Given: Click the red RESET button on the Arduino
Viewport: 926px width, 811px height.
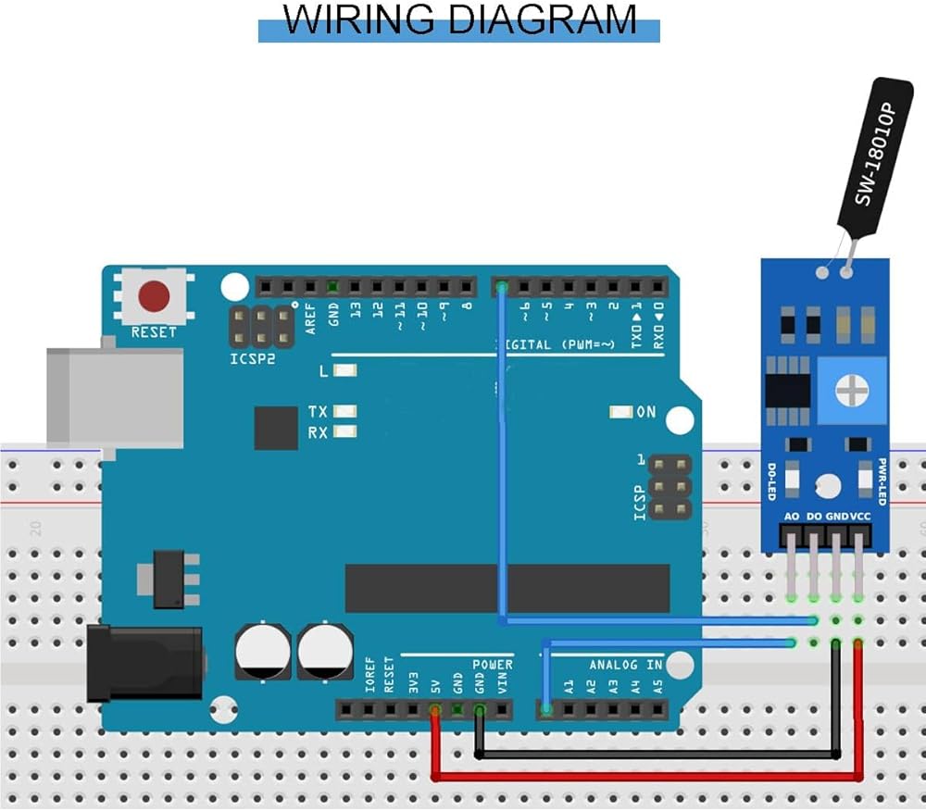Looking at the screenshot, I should [x=154, y=296].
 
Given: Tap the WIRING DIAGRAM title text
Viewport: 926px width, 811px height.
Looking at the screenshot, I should [x=459, y=20].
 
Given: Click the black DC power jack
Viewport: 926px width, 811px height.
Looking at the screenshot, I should [x=144, y=661].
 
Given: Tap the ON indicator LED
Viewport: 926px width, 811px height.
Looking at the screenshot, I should [x=620, y=412].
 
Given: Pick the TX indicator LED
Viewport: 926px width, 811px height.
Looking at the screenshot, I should [x=346, y=411].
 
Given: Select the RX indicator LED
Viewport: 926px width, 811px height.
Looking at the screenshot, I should [x=346, y=431].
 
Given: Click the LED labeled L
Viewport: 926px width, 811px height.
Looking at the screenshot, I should [x=346, y=371].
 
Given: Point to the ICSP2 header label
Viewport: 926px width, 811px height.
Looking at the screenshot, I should [x=253, y=358].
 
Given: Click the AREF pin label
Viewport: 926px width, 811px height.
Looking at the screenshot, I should [x=311, y=318].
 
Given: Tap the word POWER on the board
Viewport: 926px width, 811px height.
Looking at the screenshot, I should [x=493, y=665].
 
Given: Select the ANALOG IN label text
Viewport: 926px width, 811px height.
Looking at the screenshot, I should [x=627, y=665].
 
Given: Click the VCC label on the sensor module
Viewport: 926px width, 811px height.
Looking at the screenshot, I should [x=861, y=516].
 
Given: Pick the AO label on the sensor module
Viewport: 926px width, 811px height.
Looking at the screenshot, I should [x=792, y=516].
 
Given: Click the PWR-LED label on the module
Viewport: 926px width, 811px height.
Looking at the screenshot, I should [x=882, y=481].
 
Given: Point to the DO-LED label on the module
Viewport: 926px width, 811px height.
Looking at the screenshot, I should [x=770, y=481].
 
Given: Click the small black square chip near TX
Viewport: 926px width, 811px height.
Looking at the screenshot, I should [x=276, y=428].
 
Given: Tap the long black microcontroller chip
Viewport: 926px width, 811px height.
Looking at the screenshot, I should [x=507, y=588].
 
